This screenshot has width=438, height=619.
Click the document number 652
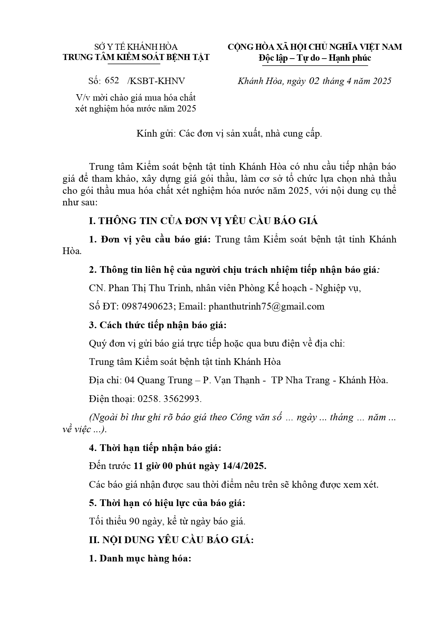coord(112,80)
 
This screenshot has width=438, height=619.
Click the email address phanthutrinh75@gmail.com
coord(266,306)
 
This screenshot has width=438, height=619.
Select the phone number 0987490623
coord(147,306)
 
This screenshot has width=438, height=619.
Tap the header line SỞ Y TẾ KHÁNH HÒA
coord(136,47)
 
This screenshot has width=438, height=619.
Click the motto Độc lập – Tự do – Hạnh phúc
coord(314,58)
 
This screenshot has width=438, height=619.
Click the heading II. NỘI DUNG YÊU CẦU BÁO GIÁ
coord(171,540)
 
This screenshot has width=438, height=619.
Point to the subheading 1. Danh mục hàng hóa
coord(140,559)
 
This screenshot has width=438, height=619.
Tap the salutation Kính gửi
coord(155,134)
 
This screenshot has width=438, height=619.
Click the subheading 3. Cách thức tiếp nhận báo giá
coord(157,325)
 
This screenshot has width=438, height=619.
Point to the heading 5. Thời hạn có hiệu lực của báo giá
coord(167,503)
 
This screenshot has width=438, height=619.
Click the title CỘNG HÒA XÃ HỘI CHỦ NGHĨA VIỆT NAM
coord(314,47)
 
